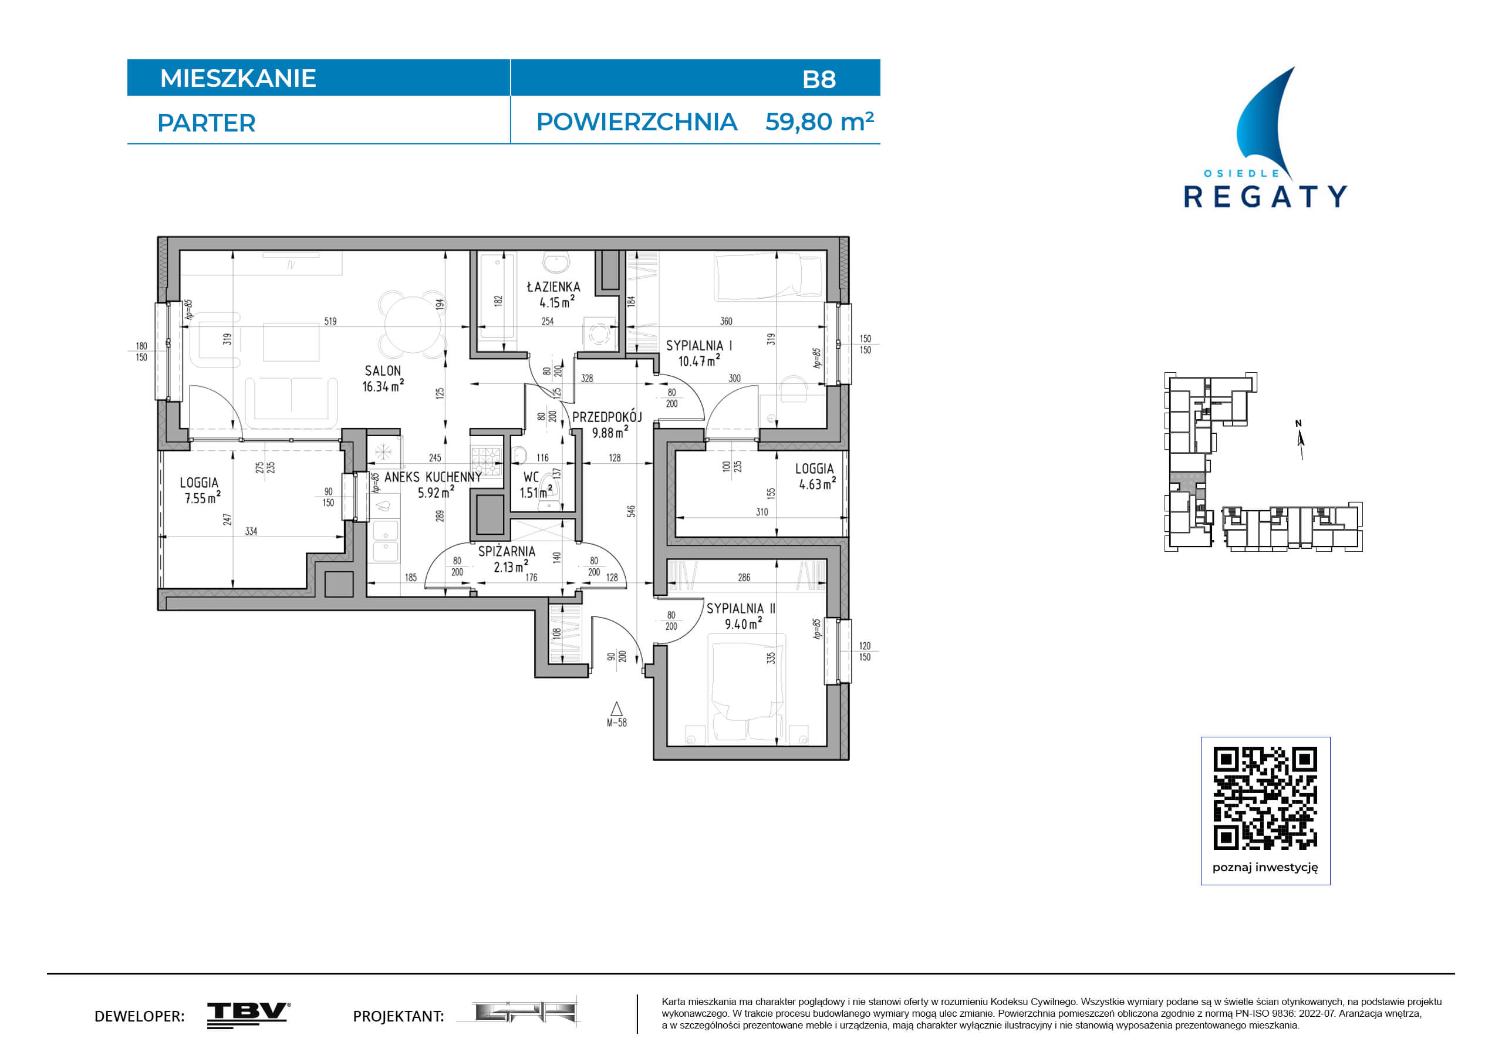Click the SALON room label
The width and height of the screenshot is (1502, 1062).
383,371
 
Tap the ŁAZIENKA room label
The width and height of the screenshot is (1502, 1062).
553,286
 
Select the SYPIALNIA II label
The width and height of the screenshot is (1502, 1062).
741,609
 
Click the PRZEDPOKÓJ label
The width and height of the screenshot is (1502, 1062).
607,417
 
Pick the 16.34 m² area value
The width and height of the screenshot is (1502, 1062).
383,386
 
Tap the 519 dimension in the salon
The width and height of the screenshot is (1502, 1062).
330,321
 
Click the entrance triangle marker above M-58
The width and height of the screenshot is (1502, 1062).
616,709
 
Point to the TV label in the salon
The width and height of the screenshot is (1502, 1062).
291,265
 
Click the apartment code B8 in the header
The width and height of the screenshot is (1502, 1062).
819,79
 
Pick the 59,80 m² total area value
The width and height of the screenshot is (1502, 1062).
820,122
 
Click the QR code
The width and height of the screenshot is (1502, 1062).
1265,799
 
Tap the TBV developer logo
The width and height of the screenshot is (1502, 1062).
249,1015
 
